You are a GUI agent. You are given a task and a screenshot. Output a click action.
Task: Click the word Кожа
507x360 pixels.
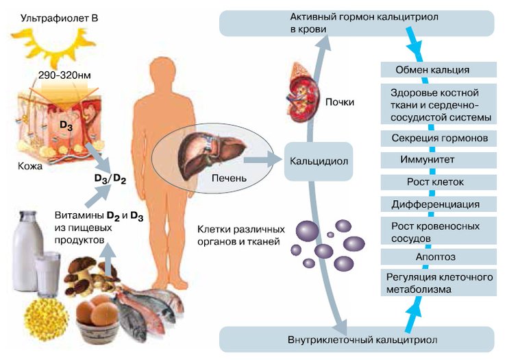(x=31, y=166)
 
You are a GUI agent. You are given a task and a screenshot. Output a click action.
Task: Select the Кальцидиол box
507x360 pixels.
(x=318, y=163)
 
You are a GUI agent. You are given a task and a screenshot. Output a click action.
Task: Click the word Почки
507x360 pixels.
(x=341, y=103)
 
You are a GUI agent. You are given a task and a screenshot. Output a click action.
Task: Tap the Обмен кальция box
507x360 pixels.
(x=432, y=70)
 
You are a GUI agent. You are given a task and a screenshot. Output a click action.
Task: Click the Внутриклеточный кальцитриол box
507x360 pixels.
(x=356, y=339)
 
